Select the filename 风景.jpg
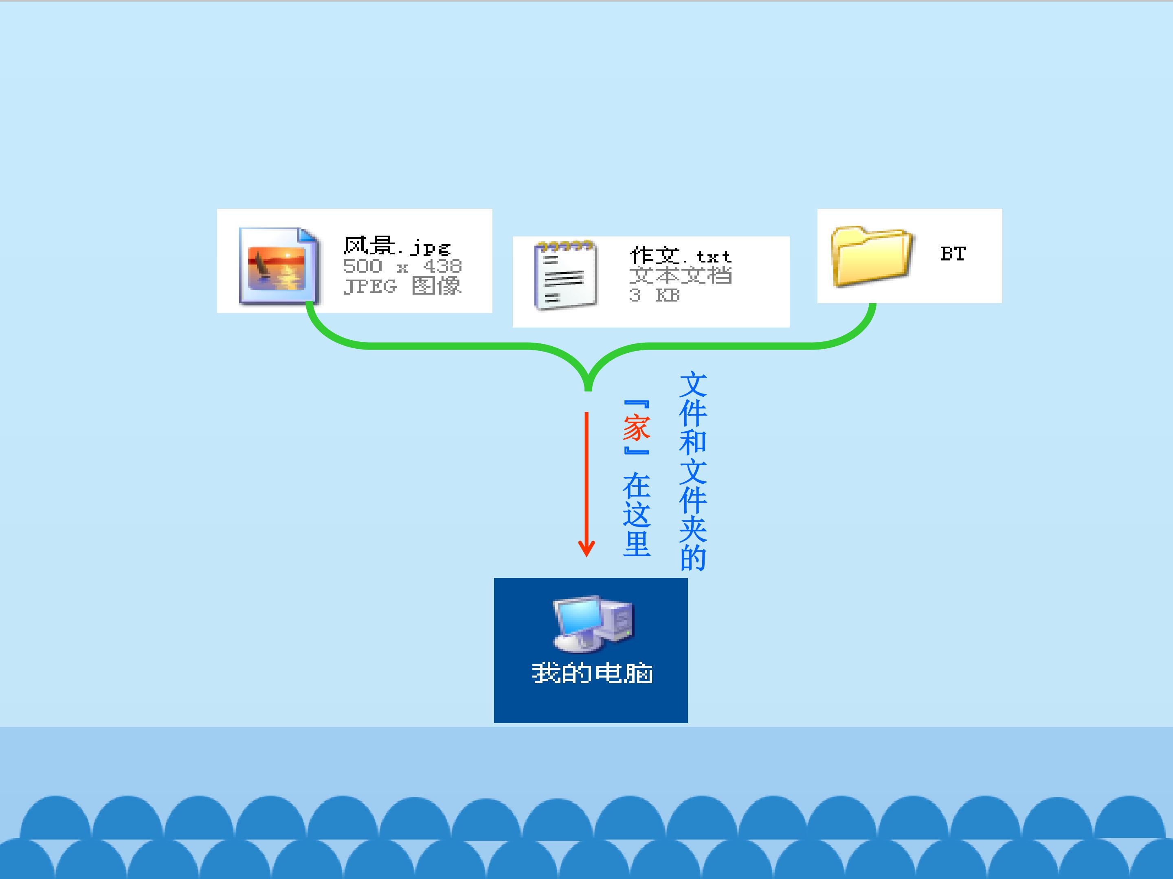(x=397, y=246)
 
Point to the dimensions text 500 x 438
(x=402, y=266)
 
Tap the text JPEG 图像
(x=402, y=286)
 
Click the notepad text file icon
(x=565, y=274)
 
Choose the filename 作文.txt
(x=680, y=256)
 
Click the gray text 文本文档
(x=680, y=275)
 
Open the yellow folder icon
(x=871, y=256)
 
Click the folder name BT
(x=953, y=254)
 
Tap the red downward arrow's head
(x=586, y=549)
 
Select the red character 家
(x=636, y=428)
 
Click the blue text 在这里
(x=636, y=514)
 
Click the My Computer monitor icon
(x=593, y=624)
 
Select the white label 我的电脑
(x=592, y=673)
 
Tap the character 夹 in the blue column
(x=693, y=529)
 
